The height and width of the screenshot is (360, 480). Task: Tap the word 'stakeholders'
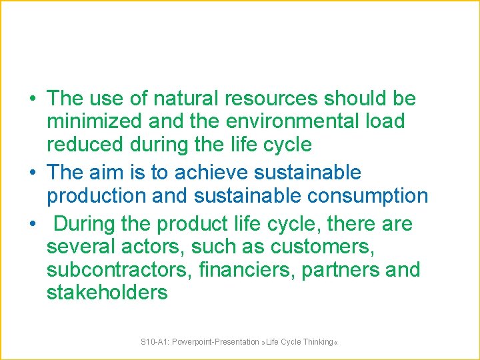tap(107, 293)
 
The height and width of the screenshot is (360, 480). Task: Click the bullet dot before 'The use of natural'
tap(32, 99)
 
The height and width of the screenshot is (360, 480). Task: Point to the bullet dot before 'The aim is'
tap(32, 173)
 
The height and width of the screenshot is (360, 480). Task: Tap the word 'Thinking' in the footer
tap(317, 342)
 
